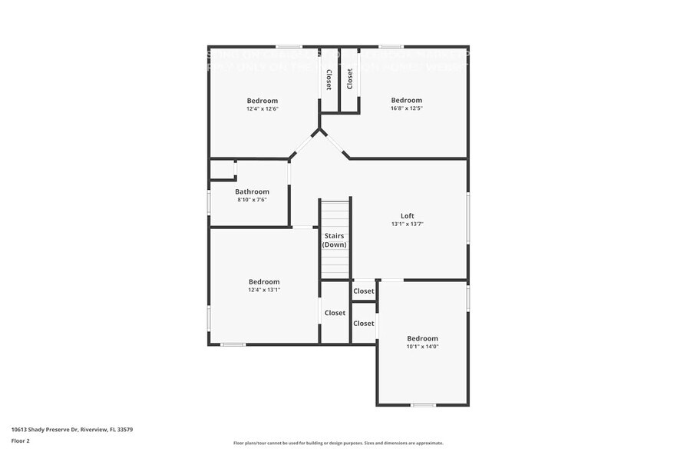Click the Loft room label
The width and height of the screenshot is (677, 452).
[x=407, y=215]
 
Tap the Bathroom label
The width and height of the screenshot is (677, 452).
[x=252, y=191]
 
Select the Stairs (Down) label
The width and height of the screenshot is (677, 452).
[x=335, y=240]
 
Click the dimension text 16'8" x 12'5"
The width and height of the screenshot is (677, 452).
[x=406, y=108]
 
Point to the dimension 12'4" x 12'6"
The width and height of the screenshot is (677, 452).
[x=262, y=108]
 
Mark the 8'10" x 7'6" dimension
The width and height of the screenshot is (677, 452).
[x=252, y=200]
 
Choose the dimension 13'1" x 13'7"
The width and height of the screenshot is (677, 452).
[x=407, y=224]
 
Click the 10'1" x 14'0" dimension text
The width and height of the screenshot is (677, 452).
[x=422, y=347]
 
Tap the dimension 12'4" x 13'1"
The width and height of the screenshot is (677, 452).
[x=263, y=290]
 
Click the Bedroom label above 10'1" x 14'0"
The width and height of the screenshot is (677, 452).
[x=422, y=338]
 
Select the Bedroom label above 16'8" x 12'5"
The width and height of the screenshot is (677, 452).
[x=406, y=100]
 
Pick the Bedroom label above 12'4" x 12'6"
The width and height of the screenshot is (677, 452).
[x=262, y=100]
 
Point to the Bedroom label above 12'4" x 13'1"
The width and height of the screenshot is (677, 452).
[x=263, y=281]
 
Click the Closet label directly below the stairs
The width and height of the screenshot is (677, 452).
[x=335, y=313]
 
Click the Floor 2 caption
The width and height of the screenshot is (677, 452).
[x=21, y=440]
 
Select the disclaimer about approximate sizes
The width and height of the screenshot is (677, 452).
[x=338, y=443]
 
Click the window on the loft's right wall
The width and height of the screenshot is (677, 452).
[x=467, y=219]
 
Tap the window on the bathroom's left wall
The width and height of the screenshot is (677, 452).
[x=209, y=202]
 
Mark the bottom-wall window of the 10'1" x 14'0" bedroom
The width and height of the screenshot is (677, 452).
[x=423, y=405]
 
